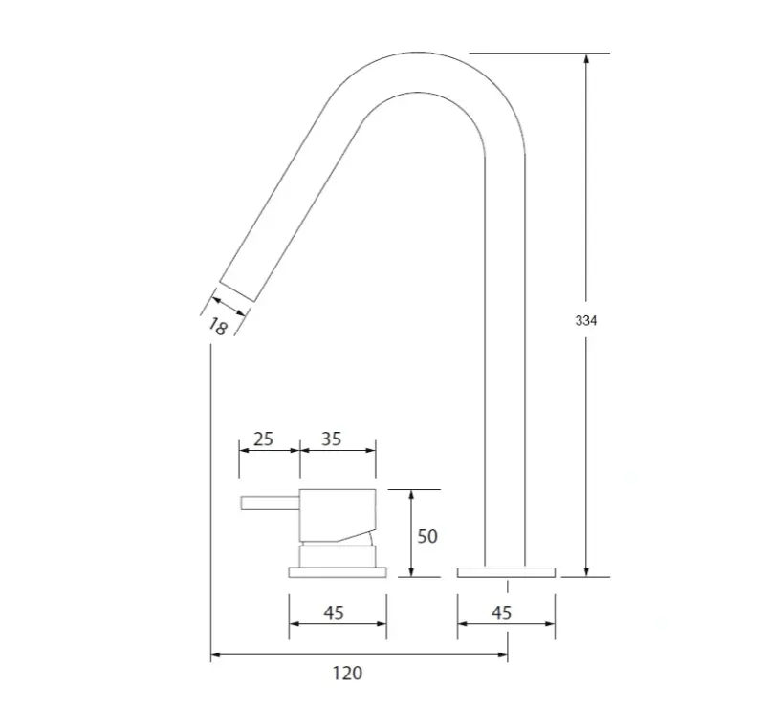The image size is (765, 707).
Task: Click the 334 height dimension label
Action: point(586,321)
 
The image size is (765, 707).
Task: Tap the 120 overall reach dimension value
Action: point(347,674)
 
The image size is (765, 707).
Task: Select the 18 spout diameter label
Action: point(217,326)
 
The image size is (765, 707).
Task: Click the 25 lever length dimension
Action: point(263,439)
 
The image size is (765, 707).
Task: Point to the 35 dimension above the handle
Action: point(332,439)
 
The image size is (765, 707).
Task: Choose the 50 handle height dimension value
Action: point(427,536)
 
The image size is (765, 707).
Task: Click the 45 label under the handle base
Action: point(333,612)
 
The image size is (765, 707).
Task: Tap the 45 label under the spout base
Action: point(501,612)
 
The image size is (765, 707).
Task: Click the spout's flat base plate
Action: point(506,571)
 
